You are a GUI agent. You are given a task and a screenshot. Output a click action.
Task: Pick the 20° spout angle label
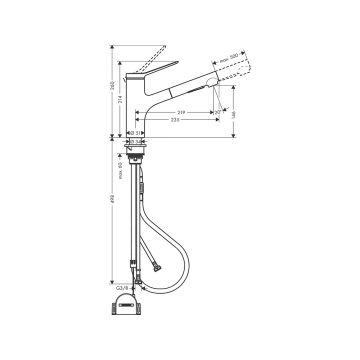[x=219, y=112]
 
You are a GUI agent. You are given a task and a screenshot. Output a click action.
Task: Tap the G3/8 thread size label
[x=122, y=288]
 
